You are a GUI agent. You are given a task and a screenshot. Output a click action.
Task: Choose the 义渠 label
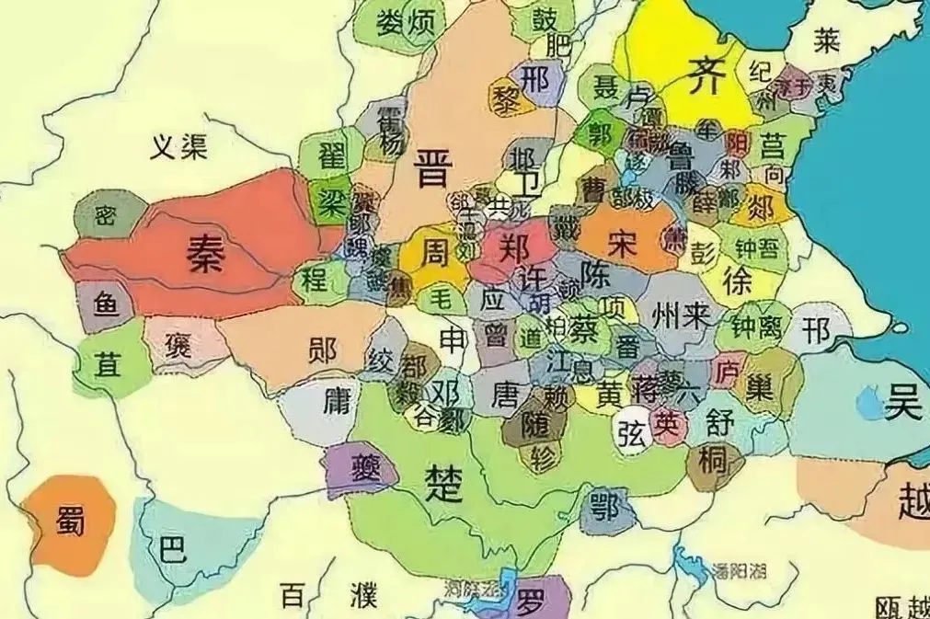[180, 144]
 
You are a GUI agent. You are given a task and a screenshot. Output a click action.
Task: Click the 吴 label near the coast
[903, 404]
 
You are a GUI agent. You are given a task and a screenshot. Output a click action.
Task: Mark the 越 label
[913, 504]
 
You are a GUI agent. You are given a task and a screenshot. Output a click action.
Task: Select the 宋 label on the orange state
[622, 243]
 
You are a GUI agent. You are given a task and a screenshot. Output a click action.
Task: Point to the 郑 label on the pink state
[511, 247]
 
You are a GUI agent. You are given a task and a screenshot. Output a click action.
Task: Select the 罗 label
[532, 604]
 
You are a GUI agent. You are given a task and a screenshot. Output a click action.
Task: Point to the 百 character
[292, 595]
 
